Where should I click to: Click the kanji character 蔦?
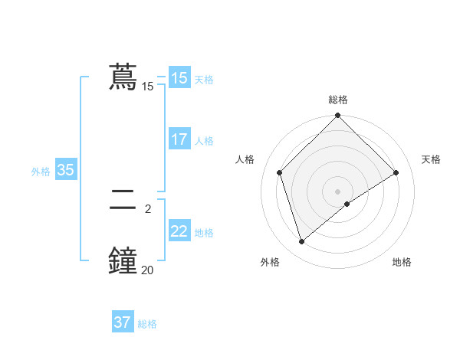click(x=123, y=78)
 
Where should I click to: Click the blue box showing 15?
click(x=179, y=78)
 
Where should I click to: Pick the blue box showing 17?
click(x=179, y=139)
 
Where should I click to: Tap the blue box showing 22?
click(x=179, y=231)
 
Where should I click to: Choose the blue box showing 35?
click(x=65, y=170)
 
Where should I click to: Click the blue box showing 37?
click(x=122, y=322)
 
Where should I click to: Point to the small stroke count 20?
click(x=147, y=269)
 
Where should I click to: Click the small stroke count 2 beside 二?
click(x=147, y=208)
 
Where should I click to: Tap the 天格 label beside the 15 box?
click(x=204, y=79)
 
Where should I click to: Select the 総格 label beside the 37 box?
click(x=147, y=324)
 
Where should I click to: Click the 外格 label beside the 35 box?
click(x=41, y=172)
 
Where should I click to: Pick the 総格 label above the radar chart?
click(x=337, y=100)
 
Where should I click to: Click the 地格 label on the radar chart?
click(x=402, y=262)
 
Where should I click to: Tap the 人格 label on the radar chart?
click(x=245, y=159)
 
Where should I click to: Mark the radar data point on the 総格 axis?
click(x=337, y=116)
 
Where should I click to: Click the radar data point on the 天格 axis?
click(x=396, y=172)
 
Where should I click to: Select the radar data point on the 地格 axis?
click(x=347, y=204)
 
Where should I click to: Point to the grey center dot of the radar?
click(x=337, y=191)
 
